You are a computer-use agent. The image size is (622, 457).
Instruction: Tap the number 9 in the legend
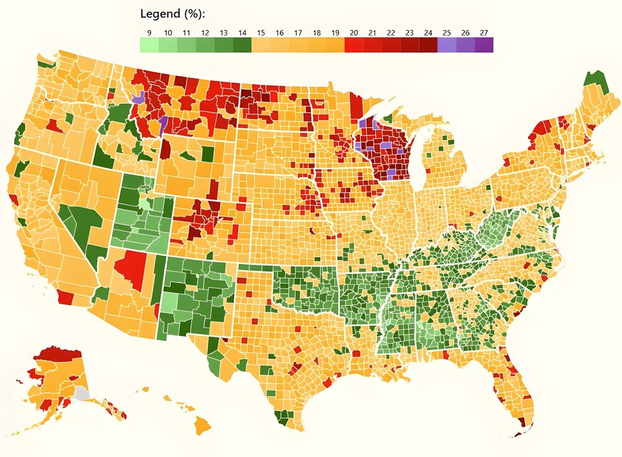click(149, 32)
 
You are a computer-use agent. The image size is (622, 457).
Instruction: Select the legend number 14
click(242, 32)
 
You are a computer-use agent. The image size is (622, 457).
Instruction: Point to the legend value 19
click(335, 32)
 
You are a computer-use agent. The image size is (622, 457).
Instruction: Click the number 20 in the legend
click(354, 32)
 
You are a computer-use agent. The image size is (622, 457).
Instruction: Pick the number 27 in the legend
click(484, 32)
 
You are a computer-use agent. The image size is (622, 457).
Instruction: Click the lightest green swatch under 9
click(149, 45)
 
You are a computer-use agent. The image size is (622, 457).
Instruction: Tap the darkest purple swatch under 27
click(484, 45)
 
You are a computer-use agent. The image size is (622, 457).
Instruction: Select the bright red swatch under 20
click(354, 45)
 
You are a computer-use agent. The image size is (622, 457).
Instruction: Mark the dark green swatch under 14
click(242, 45)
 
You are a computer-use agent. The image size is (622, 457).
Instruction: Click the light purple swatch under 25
click(447, 45)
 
